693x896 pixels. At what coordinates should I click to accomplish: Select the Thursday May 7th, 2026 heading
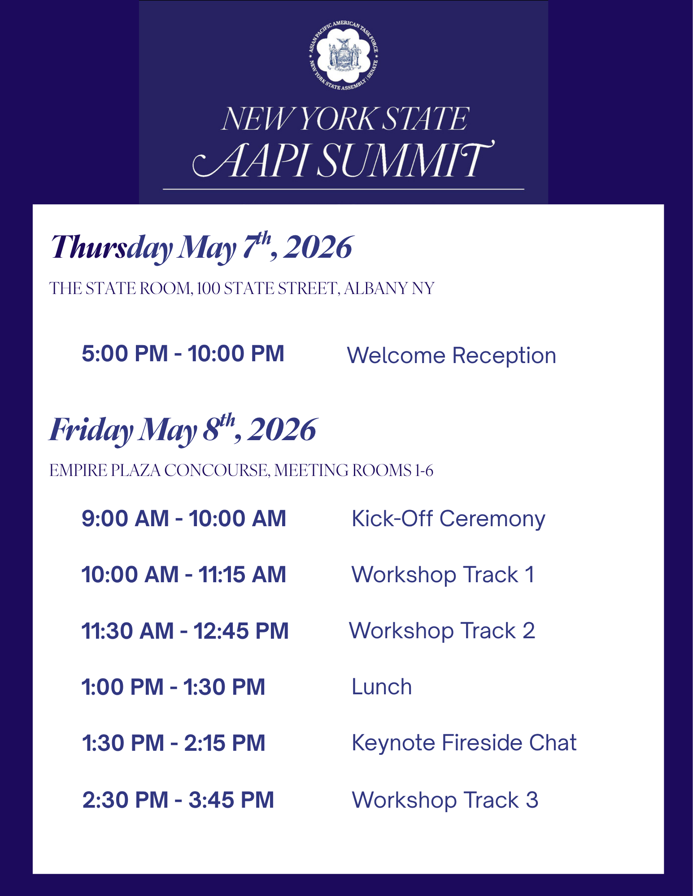[x=201, y=247]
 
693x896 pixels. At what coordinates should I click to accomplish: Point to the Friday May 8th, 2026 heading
[x=183, y=429]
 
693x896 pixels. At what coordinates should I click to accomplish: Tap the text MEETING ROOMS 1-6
[x=354, y=470]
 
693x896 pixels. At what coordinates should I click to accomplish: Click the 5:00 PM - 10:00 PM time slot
[x=183, y=353]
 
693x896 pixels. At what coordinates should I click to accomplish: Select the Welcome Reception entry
[x=452, y=355]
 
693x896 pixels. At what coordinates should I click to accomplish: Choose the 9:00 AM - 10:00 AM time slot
[x=184, y=519]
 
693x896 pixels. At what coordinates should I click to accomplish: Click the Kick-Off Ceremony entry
[x=449, y=519]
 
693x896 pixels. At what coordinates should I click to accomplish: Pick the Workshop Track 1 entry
[x=443, y=575]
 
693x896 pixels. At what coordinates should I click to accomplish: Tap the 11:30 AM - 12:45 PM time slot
[x=185, y=631]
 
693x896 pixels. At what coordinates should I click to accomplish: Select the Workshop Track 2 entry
[x=442, y=631]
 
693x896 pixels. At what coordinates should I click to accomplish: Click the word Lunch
[x=382, y=687]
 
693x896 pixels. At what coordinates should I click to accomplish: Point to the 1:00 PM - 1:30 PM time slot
[x=173, y=687]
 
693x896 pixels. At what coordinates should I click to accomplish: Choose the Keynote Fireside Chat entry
[x=464, y=743]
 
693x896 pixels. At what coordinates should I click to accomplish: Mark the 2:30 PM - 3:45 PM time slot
[x=178, y=800]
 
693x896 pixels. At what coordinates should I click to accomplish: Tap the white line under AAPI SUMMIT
[x=344, y=189]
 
